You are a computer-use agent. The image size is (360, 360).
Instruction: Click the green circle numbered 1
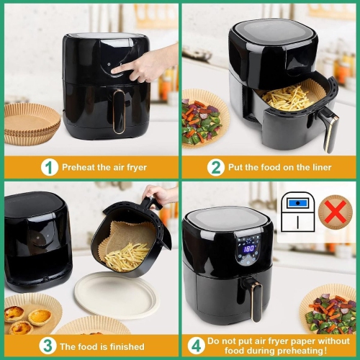tap(49, 167)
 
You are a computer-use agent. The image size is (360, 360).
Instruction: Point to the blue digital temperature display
tap(249, 248)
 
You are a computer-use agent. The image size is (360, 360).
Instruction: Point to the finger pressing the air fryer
tap(128, 67)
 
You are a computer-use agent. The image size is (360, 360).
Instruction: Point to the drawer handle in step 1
tap(117, 112)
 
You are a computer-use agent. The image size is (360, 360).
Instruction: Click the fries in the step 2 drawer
tap(287, 96)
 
